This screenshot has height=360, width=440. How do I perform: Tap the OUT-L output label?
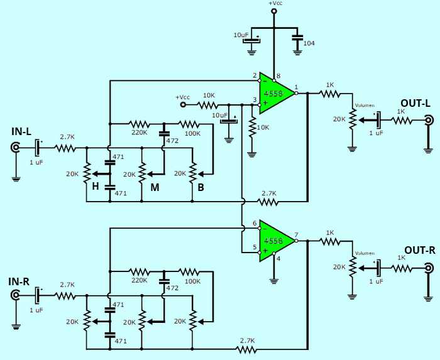pyautogui.click(x=415, y=102)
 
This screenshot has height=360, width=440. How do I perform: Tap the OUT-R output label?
pyautogui.click(x=415, y=249)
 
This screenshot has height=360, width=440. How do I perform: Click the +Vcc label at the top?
pyautogui.click(x=275, y=4)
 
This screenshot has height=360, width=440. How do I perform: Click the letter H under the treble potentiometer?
pyautogui.click(x=94, y=186)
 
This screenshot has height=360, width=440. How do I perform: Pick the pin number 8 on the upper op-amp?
pyautogui.click(x=279, y=76)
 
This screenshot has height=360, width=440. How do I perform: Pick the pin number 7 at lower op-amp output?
pyautogui.click(x=297, y=234)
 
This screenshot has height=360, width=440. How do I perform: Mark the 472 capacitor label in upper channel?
pyautogui.click(x=172, y=142)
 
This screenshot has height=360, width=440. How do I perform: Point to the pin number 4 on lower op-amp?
pyautogui.click(x=279, y=257)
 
